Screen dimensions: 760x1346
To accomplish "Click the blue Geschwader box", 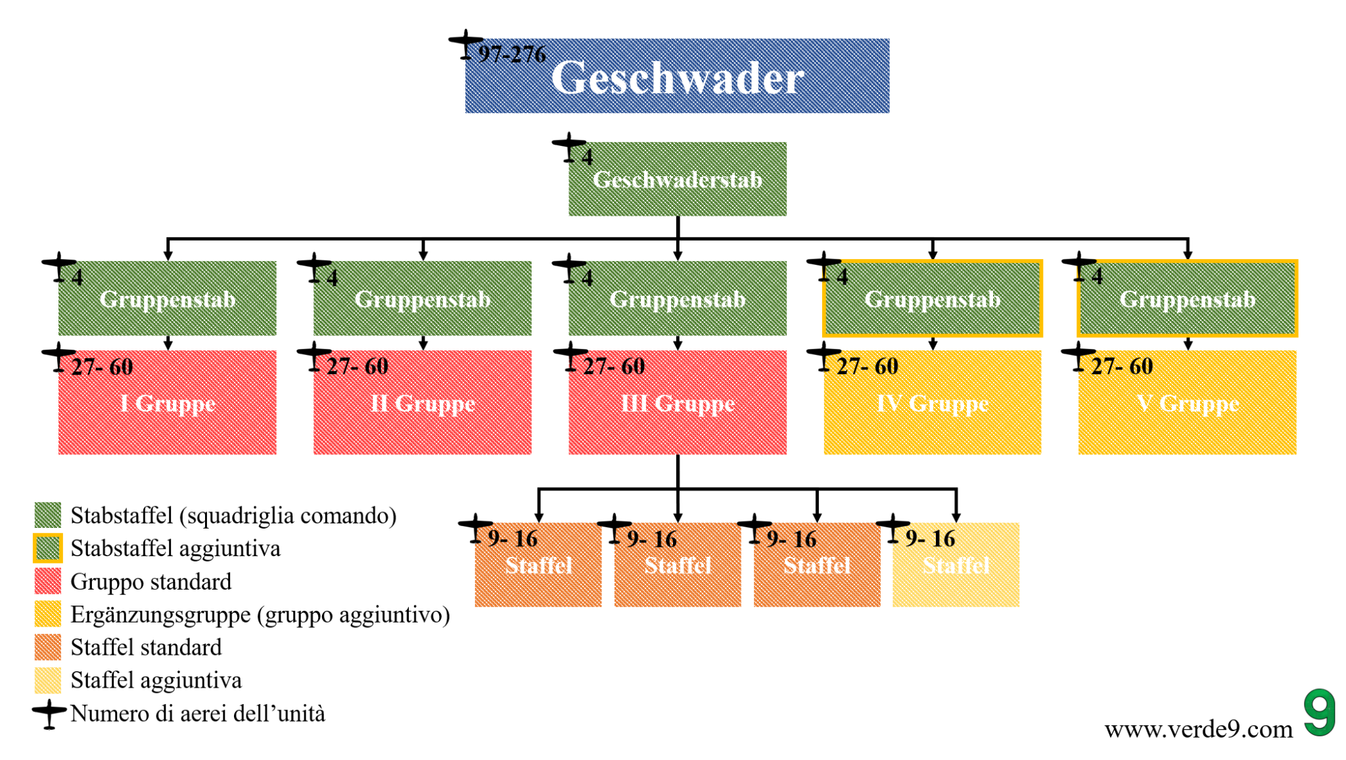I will (677, 76).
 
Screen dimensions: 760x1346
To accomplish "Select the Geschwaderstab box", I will (677, 179).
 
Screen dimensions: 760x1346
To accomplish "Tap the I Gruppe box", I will (167, 402).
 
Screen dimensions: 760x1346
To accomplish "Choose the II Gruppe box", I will (422, 402).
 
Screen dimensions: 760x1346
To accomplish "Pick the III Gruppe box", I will (677, 402).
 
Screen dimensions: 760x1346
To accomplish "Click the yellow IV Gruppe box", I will (932, 402).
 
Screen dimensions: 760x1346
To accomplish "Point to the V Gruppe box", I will (1187, 402).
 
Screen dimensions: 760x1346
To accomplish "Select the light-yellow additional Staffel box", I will (956, 565).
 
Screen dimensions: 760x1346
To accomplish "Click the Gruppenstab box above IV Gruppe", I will (932, 299).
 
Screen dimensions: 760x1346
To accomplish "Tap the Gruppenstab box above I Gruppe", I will (167, 299).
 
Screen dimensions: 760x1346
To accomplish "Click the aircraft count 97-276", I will (512, 54).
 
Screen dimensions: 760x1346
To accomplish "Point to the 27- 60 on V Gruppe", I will (1122, 366).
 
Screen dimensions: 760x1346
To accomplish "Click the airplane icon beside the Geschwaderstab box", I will (569, 147).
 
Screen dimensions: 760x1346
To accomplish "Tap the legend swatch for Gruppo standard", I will (47, 581).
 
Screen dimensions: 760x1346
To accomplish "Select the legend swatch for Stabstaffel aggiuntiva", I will (47, 548).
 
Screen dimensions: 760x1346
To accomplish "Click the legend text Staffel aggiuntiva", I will (156, 680).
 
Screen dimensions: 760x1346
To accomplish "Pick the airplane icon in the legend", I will (49, 713).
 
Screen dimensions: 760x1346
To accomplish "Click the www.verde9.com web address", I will (1198, 729).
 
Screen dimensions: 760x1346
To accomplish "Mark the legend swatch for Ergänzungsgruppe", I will (47, 614).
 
